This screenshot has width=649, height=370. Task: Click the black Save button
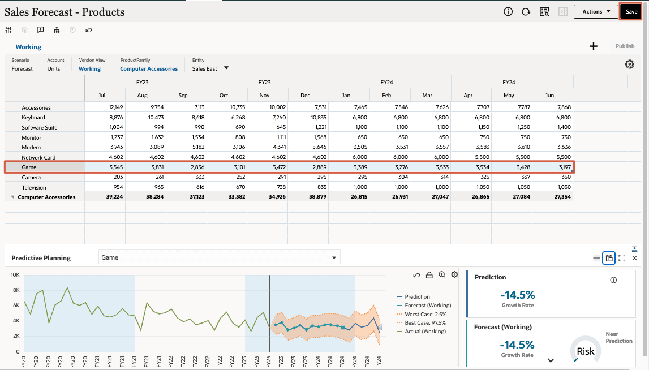point(631,11)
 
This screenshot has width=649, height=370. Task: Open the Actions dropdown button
point(596,11)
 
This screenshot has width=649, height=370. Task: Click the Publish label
point(625,46)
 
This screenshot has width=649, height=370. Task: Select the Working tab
point(28,47)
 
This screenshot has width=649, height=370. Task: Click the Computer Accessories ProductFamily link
point(149,69)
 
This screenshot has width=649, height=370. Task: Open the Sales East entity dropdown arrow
point(226,68)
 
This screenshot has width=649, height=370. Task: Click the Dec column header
point(305,96)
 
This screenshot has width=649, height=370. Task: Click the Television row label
point(34,187)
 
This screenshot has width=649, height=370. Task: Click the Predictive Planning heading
point(41,258)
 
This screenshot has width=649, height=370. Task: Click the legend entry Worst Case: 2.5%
point(425,314)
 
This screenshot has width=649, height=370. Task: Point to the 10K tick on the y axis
point(15,275)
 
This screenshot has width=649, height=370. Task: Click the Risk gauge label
point(586,351)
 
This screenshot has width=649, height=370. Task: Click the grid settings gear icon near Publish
point(629,64)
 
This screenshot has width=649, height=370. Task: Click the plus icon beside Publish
point(594,46)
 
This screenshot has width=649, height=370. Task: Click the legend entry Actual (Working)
point(425,331)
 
